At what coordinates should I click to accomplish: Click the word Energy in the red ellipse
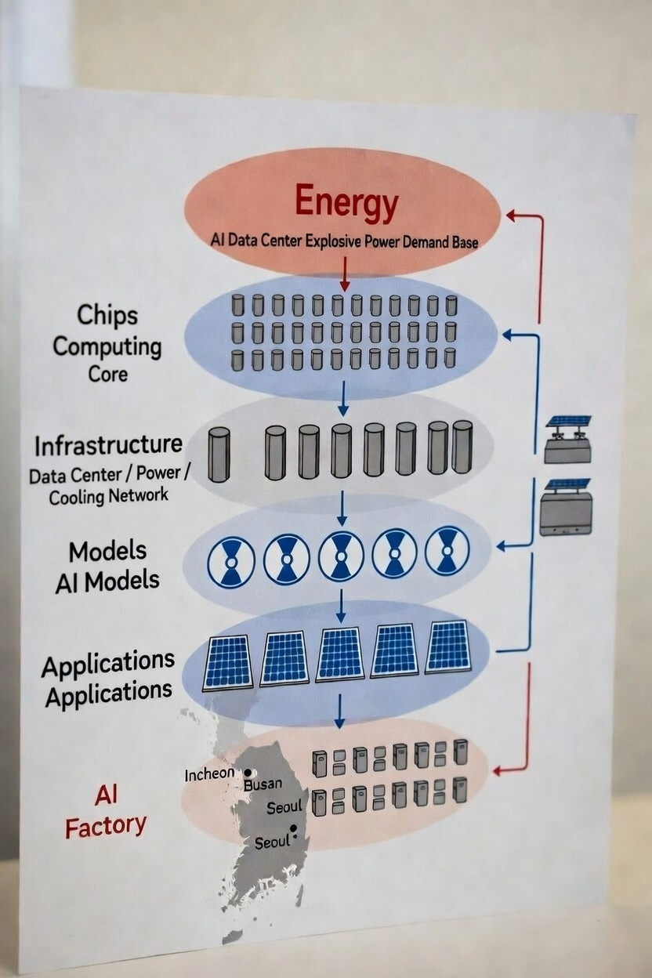point(346,204)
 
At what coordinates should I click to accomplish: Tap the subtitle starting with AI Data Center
point(344,241)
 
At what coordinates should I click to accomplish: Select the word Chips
point(107,315)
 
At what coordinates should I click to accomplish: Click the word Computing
point(107,346)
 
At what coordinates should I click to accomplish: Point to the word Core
point(107,373)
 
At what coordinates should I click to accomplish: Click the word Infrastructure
point(108,445)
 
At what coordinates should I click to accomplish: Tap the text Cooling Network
point(108,496)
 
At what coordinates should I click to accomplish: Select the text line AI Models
point(107,581)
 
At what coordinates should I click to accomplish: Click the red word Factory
point(106,826)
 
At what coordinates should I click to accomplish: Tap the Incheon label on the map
point(208,774)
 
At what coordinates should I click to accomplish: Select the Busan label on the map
point(263,783)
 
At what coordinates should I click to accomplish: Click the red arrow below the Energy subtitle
point(344,274)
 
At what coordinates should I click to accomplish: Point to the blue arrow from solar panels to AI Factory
point(339,710)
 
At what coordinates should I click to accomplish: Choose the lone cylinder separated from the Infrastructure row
point(219,454)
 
